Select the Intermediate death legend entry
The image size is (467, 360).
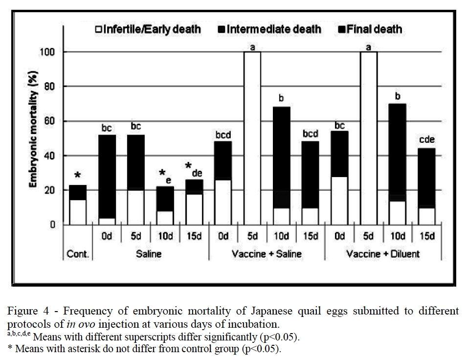269,29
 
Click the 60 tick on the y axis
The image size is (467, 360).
50,121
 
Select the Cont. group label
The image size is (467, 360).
78,253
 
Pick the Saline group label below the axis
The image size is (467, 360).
150,253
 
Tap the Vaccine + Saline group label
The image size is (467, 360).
267,253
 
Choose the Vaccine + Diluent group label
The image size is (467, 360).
383,253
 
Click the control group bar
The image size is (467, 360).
78,205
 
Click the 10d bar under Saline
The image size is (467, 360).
165,205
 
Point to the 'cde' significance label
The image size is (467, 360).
427,140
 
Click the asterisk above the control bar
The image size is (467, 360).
78,176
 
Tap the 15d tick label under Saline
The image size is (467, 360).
194,236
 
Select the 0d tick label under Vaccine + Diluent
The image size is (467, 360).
339,236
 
